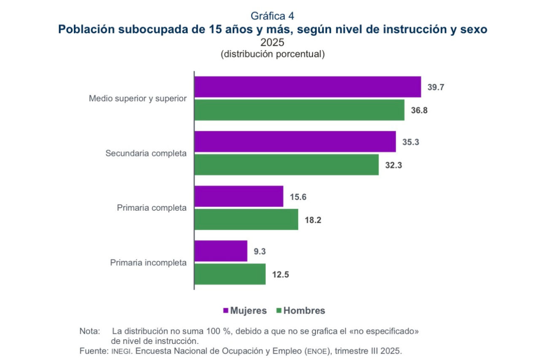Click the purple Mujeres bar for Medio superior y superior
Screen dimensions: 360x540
pyautogui.click(x=308, y=87)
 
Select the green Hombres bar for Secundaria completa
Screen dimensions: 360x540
pyautogui.click(x=286, y=165)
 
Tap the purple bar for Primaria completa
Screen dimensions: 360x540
pyautogui.click(x=239, y=196)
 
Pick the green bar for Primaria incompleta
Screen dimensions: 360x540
pyautogui.click(x=230, y=274)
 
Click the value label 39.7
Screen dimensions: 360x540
pyautogui.click(x=436, y=87)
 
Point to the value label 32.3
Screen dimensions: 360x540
pyautogui.click(x=393, y=165)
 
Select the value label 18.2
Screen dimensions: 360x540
pyautogui.click(x=313, y=219)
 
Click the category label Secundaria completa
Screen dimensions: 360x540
pyautogui.click(x=146, y=153)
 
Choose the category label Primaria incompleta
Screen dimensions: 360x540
pyautogui.click(x=148, y=263)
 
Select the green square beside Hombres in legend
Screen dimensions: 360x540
pyautogui.click(x=278, y=311)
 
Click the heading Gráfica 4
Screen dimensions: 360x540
pyautogui.click(x=272, y=16)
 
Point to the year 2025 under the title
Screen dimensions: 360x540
pyautogui.click(x=272, y=43)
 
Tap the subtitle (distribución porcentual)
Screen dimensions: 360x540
pyautogui.click(x=273, y=54)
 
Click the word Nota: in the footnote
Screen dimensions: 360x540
pyautogui.click(x=89, y=331)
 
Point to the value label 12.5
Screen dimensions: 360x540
pyautogui.click(x=281, y=274)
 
